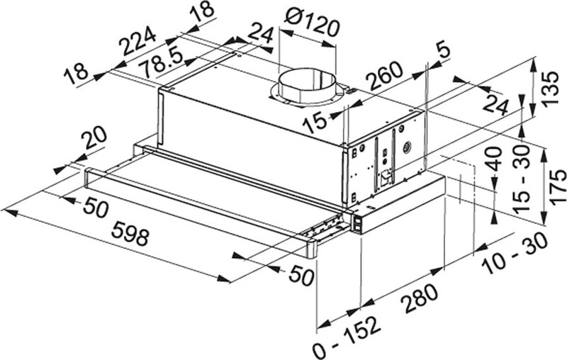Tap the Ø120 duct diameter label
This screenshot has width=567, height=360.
310,25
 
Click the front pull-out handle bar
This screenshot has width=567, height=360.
198,209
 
